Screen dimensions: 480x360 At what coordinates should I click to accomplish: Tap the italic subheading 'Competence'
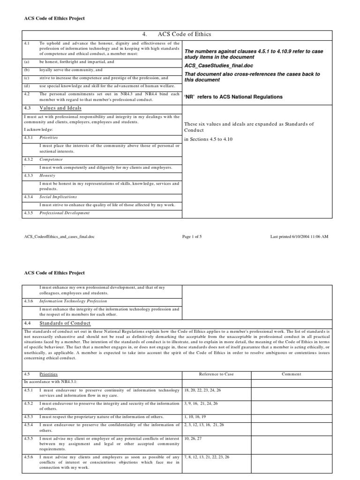[x=51, y=159]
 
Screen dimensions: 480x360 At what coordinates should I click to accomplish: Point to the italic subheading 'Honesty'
[x=48, y=175]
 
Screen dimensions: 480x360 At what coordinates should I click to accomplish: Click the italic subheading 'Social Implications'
[x=58, y=197]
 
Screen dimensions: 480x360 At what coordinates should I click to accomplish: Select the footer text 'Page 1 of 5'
[x=192, y=237]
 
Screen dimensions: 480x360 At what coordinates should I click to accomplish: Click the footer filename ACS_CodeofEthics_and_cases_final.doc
[x=62, y=237]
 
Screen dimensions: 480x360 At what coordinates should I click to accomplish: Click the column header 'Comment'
[x=291, y=374]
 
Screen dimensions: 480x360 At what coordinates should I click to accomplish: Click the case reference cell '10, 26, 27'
[x=193, y=438]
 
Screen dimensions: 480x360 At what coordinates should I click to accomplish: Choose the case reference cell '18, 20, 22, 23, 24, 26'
[x=202, y=390]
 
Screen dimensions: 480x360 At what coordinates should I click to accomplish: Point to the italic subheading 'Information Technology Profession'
[x=73, y=301]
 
